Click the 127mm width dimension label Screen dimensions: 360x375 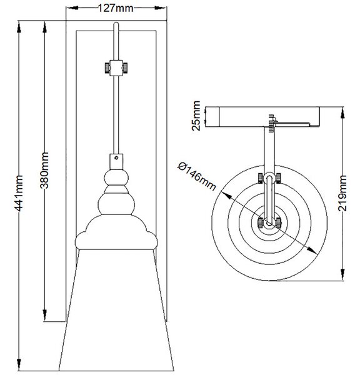coord(116,8)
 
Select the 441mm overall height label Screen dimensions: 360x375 coord(19,194)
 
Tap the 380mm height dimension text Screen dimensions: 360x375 coord(44,170)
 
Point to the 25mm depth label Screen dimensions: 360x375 coord(196,116)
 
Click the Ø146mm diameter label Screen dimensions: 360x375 coord(197,176)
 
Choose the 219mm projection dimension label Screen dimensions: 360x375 coord(342,193)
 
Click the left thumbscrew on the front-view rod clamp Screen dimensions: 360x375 coord(107,68)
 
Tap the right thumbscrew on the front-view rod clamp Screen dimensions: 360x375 coord(125,68)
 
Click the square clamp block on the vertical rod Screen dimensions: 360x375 coord(116,68)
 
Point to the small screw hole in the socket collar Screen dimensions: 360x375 coord(116,157)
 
